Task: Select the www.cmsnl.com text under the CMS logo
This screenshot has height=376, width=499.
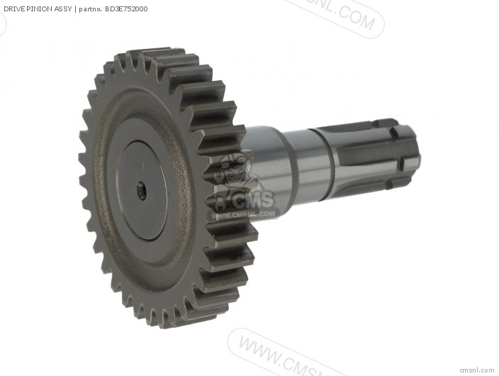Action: tap(241, 215)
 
